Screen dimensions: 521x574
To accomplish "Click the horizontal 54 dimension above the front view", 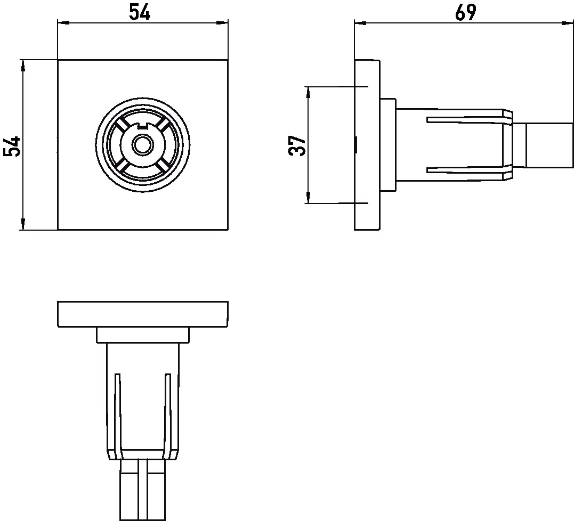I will (x=140, y=12).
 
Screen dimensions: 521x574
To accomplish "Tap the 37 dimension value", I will (x=297, y=145).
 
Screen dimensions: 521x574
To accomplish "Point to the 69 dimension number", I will (x=465, y=12).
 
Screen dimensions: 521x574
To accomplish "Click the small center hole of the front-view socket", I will (x=142, y=144).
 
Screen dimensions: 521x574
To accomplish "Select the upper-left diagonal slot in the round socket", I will (x=122, y=124).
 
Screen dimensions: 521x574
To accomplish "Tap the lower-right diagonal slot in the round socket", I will (x=163, y=165).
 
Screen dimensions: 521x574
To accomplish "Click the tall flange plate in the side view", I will (x=367, y=145).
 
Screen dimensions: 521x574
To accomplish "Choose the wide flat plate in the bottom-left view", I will (x=142, y=314).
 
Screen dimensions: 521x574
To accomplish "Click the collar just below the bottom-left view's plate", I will (x=142, y=335).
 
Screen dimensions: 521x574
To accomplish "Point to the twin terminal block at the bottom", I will (x=142, y=489).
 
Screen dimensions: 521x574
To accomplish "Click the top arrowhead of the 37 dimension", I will (x=308, y=91).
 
